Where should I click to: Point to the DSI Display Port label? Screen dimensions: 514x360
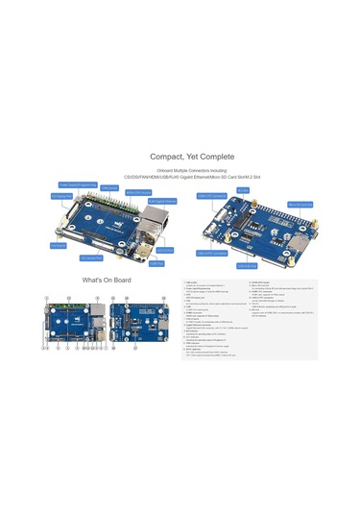point(61,196)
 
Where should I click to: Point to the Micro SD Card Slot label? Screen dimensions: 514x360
point(299,204)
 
